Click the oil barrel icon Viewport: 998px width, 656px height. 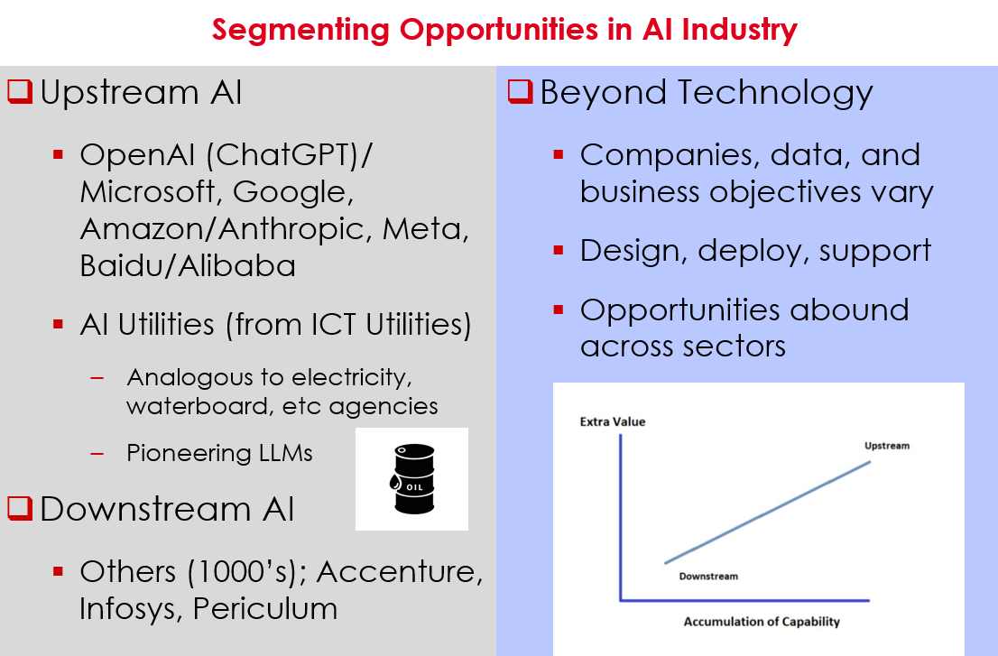click(x=411, y=479)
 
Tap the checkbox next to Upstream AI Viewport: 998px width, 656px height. click(x=20, y=91)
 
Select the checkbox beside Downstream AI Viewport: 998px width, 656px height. click(x=20, y=509)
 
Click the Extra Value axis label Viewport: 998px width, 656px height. click(x=613, y=421)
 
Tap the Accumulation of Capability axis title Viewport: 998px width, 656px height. click(x=762, y=622)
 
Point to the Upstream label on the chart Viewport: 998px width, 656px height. click(x=886, y=446)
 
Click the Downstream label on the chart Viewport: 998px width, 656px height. click(x=708, y=577)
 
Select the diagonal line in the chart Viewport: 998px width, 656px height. click(x=767, y=513)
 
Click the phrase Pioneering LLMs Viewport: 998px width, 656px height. click(x=219, y=453)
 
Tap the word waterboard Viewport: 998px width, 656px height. click(x=199, y=406)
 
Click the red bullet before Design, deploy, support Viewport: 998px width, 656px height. click(x=559, y=250)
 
